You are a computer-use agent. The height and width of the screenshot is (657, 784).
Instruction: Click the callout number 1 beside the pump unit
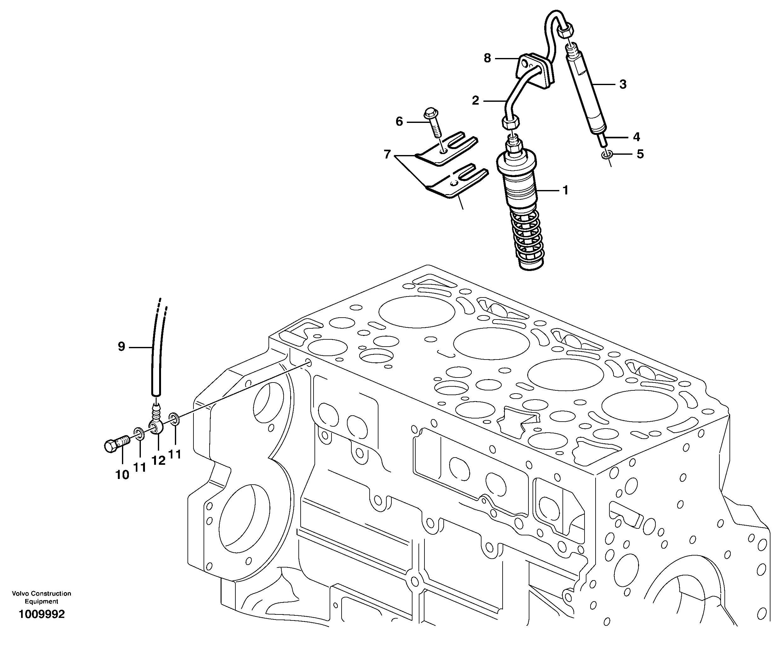[x=565, y=191]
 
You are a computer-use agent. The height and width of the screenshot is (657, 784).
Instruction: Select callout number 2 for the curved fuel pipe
[x=475, y=101]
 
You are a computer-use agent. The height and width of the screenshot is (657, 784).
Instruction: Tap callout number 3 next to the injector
[x=623, y=84]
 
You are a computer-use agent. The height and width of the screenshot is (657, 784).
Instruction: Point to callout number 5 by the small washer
[x=640, y=154]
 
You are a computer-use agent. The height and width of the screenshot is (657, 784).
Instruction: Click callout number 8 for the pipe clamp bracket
[x=487, y=58]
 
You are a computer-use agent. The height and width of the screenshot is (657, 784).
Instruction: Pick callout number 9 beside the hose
[x=121, y=347]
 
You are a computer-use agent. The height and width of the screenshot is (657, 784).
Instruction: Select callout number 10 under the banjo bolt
[x=122, y=475]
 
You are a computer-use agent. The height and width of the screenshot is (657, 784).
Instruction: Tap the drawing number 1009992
[x=42, y=614]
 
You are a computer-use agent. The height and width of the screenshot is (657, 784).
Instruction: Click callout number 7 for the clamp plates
[x=387, y=154]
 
